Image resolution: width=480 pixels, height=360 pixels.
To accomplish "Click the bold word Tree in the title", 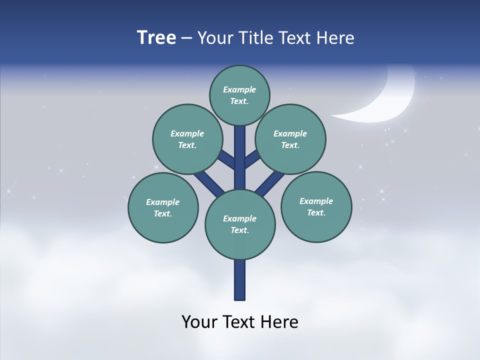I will pos(156,37).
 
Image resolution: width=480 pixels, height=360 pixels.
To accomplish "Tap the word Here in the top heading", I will pos(335,37).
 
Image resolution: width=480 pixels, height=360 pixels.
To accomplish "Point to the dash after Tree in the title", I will pos(186,38).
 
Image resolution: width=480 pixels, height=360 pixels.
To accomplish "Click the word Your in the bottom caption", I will pos(199,321).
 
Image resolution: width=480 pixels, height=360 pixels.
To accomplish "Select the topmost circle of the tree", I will pos(239,95).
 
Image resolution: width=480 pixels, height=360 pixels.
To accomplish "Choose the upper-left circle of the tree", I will pos(187,139).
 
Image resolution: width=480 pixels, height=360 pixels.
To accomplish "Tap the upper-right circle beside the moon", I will pos(290,139).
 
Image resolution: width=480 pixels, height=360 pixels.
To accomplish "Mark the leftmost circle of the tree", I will pos(163,207).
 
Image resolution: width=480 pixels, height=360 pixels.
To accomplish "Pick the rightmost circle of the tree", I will pos(316,206).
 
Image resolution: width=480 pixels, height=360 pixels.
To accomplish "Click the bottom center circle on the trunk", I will pos(240,224).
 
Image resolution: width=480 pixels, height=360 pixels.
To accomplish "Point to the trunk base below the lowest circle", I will pos(240,280).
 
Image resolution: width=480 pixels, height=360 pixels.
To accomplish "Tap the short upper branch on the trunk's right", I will pos(251,159).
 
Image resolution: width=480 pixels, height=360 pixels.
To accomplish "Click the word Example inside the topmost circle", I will pos(239,89).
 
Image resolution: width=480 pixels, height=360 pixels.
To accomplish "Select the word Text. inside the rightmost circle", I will pos(316,212).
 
